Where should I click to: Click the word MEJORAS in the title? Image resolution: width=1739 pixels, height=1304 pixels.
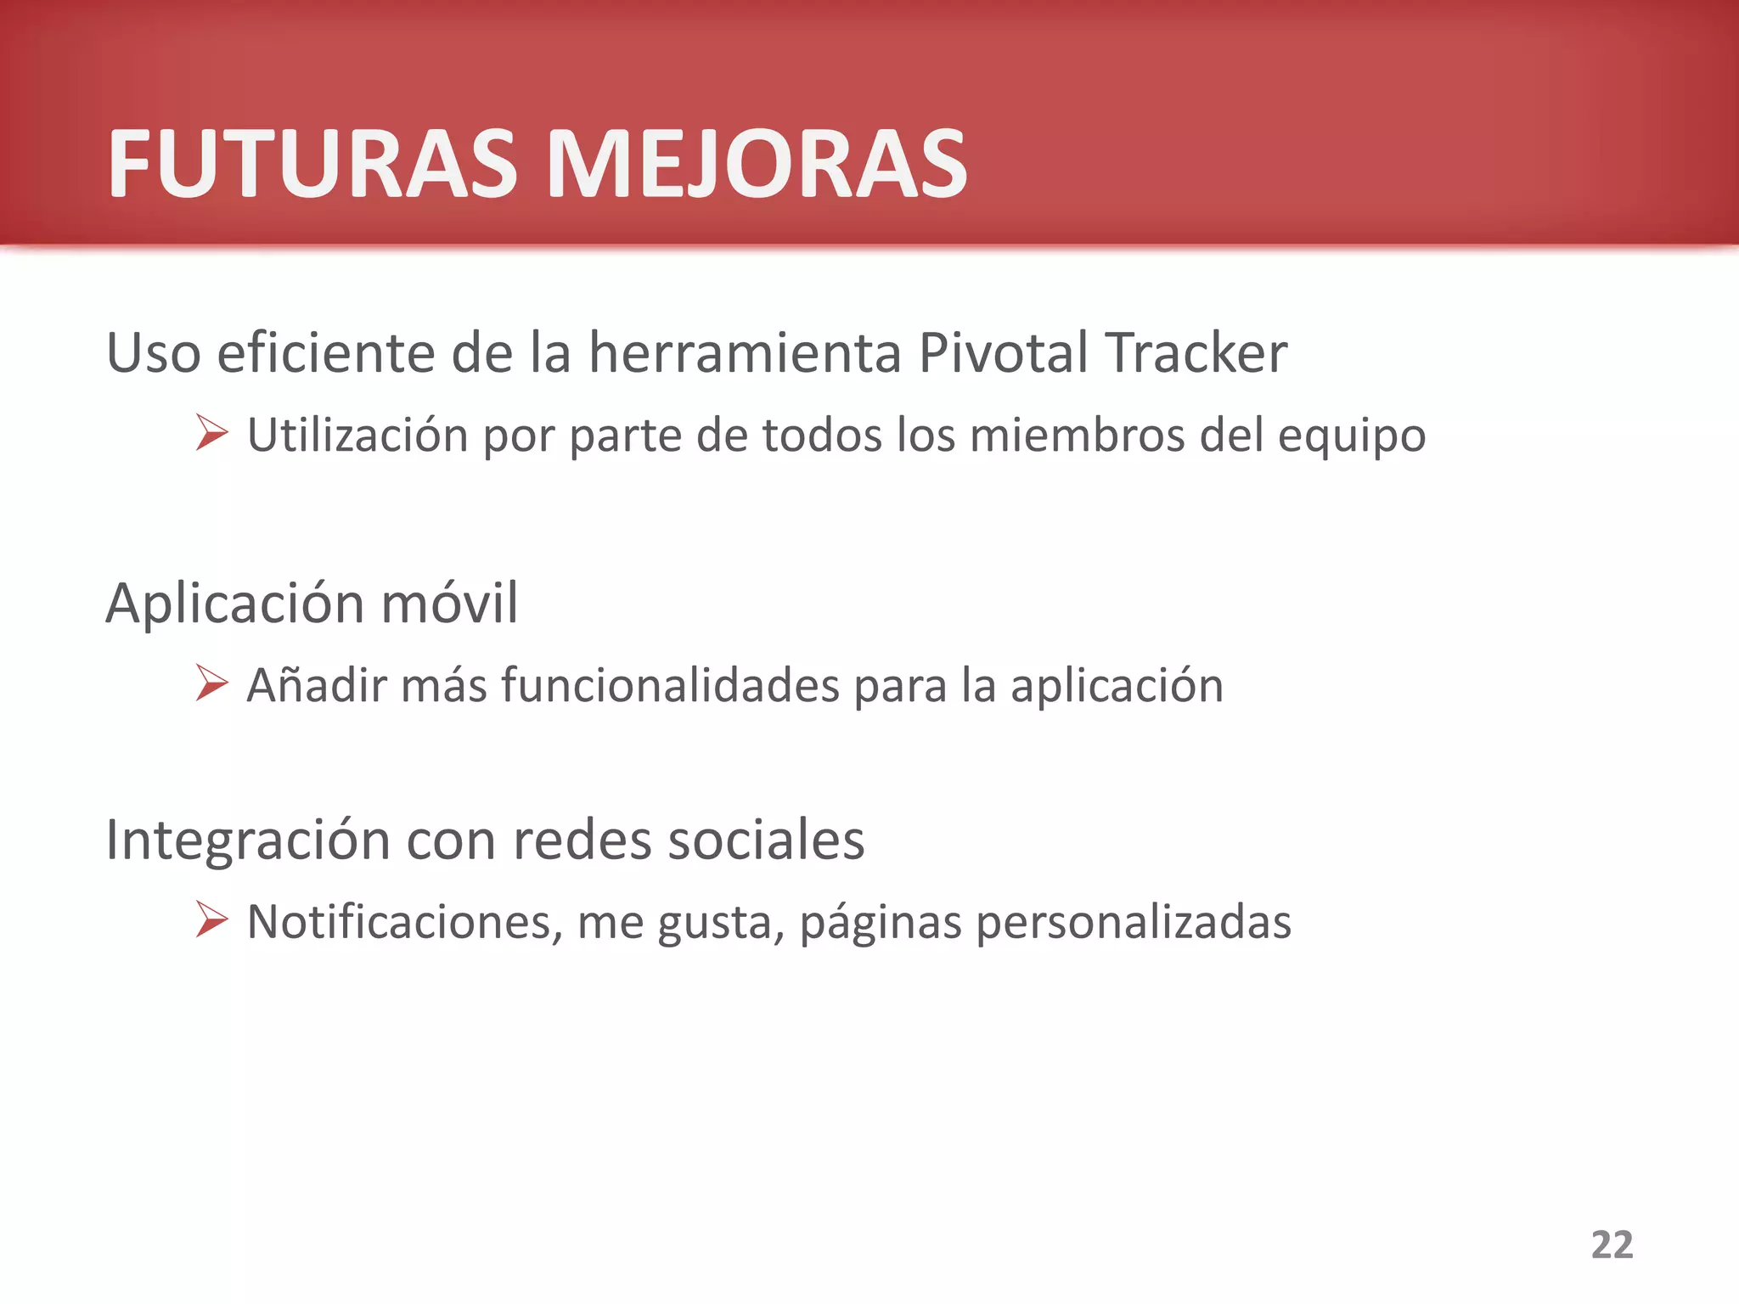tap(757, 164)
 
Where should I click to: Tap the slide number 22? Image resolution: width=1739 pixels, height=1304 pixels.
tap(1612, 1245)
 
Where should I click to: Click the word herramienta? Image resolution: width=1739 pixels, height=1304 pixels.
tap(745, 352)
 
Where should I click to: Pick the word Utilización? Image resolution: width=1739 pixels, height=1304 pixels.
tap(357, 436)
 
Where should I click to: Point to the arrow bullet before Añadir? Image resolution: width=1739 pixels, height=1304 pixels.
tap(211, 683)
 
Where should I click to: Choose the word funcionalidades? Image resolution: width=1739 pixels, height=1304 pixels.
tap(671, 685)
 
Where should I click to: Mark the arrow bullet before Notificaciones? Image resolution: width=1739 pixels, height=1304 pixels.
tap(211, 919)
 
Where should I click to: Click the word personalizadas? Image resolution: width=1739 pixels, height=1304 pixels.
tap(1134, 923)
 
